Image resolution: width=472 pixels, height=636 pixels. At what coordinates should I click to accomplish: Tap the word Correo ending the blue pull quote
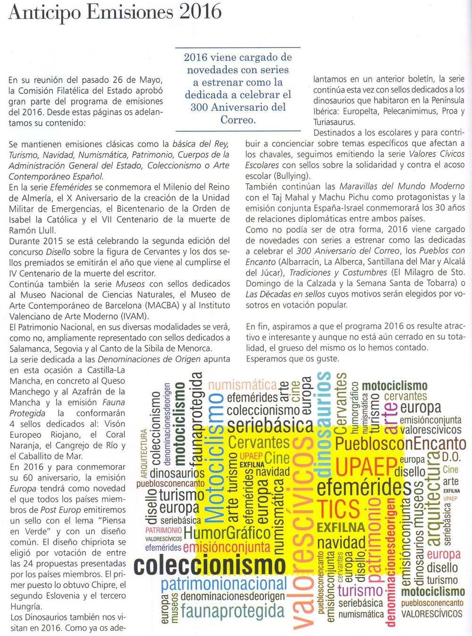pos(238,119)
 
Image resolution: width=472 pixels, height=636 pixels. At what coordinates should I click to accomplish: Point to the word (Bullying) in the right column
pos(291,176)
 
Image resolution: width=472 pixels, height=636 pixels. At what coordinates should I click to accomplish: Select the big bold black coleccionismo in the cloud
pos(210,564)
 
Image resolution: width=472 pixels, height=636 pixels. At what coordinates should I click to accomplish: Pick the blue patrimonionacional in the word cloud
pos(224,584)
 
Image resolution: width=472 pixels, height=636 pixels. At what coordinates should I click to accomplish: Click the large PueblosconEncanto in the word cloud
pos(400,444)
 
